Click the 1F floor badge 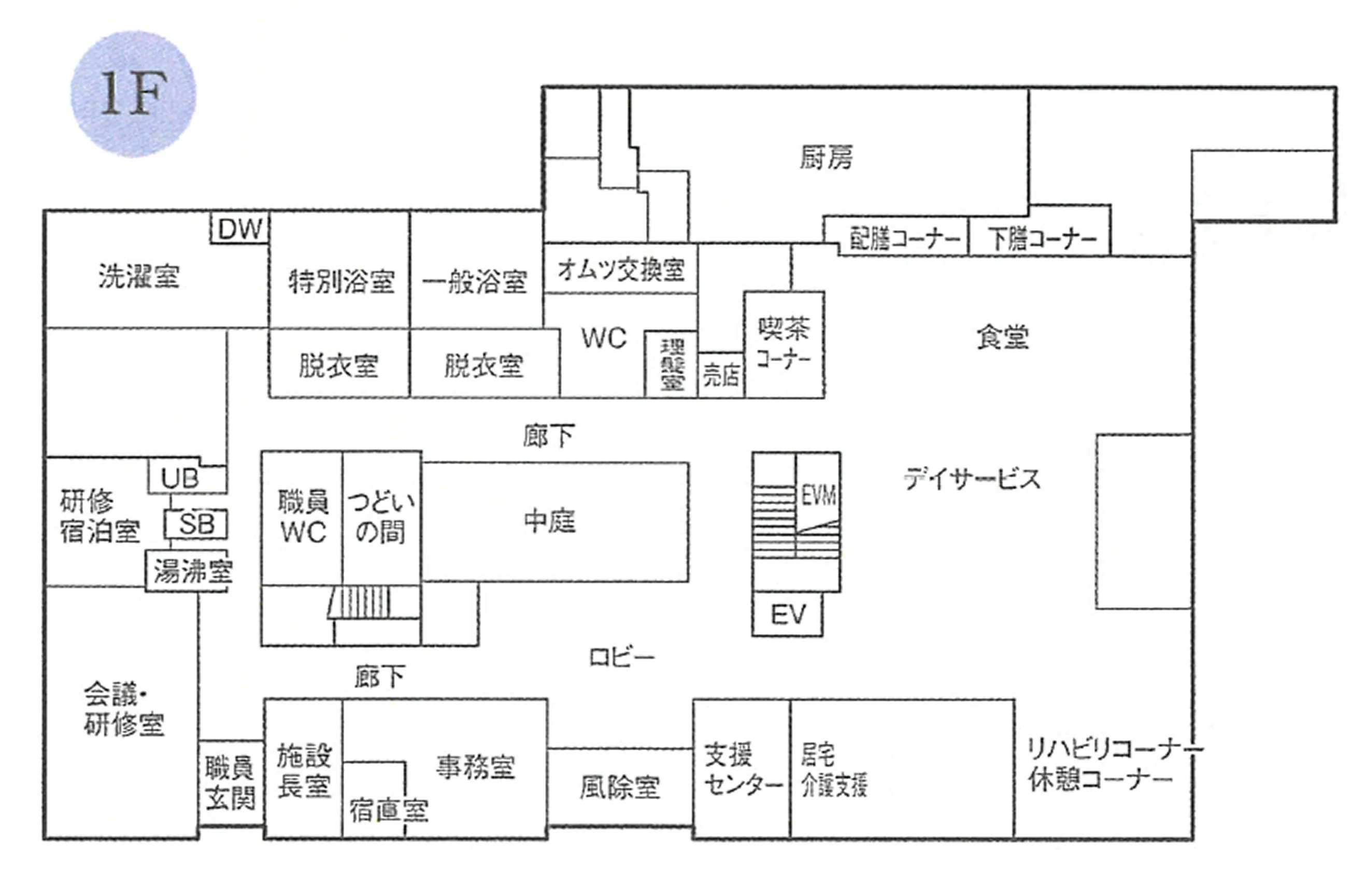point(133,94)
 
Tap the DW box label point(240,229)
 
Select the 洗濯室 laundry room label point(139,276)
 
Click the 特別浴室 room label point(341,281)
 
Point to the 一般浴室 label point(475,282)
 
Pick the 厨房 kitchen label point(827,156)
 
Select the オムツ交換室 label point(621,269)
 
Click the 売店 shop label point(721,375)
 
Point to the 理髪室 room point(672,364)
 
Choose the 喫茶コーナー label point(784,343)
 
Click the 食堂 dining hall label point(1003,337)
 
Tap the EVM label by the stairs point(819,495)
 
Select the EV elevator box point(788,615)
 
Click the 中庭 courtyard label point(549,521)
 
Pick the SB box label point(196,524)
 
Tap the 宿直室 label point(389,810)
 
